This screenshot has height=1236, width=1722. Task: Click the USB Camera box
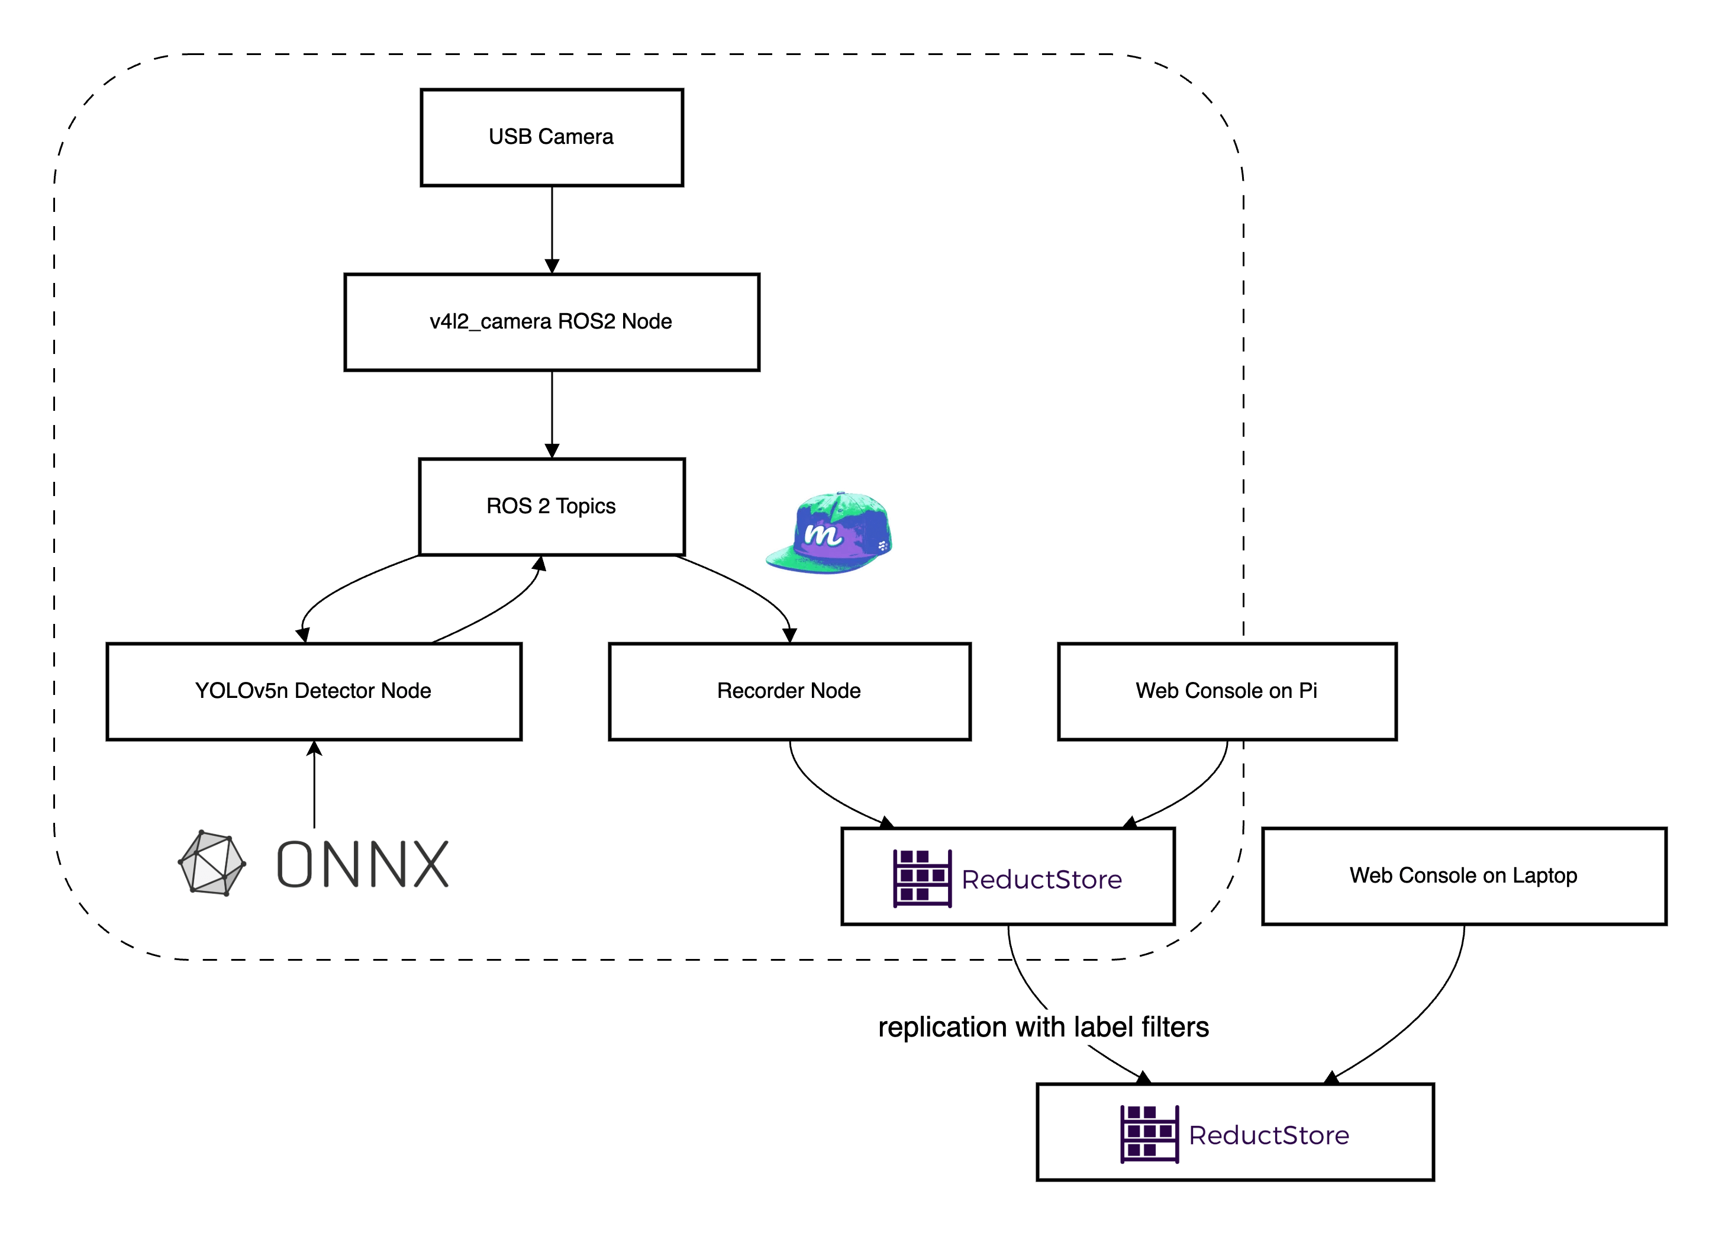point(552,137)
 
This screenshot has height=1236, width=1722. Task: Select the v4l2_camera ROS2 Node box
point(552,322)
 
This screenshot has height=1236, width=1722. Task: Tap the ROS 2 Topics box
point(552,507)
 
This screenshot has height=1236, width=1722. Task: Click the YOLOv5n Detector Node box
point(314,691)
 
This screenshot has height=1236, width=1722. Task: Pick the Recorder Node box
point(789,691)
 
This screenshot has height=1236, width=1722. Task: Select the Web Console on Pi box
point(1226,691)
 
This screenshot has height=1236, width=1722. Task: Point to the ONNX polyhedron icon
point(212,863)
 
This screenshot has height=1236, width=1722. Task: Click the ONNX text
point(363,864)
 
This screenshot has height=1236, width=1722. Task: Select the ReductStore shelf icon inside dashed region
point(922,878)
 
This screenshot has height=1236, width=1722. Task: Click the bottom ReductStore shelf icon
point(1149,1134)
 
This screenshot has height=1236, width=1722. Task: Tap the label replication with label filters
point(1043,1027)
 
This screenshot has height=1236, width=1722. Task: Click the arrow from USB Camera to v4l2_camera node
point(552,228)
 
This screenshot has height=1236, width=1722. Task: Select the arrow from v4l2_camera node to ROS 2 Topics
point(552,414)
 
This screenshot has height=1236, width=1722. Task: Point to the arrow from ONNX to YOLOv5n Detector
point(314,786)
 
